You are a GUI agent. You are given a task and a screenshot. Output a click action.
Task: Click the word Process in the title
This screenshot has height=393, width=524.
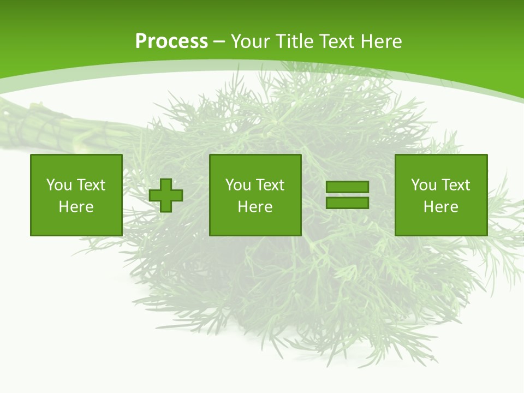tap(171, 41)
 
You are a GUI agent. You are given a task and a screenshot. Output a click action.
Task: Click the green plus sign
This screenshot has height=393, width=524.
tap(166, 195)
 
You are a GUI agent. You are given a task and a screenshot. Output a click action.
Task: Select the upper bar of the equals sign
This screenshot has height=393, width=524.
tap(347, 187)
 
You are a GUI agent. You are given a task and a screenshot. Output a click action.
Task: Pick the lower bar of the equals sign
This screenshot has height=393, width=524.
tap(347, 203)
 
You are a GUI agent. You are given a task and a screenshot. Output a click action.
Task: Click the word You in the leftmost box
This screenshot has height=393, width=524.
tap(58, 185)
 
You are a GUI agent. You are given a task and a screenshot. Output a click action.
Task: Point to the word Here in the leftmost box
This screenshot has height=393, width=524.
tap(76, 207)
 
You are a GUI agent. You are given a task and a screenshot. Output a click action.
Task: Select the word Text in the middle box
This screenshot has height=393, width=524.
tap(270, 185)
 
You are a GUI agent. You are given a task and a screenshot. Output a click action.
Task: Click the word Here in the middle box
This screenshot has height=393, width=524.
tap(255, 207)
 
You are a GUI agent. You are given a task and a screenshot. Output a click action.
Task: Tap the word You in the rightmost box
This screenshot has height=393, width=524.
tap(423, 185)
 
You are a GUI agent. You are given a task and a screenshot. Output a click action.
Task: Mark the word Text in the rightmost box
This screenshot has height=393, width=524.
tap(455, 185)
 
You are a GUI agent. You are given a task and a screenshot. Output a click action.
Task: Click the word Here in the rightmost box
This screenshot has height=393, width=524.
tap(441, 207)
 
